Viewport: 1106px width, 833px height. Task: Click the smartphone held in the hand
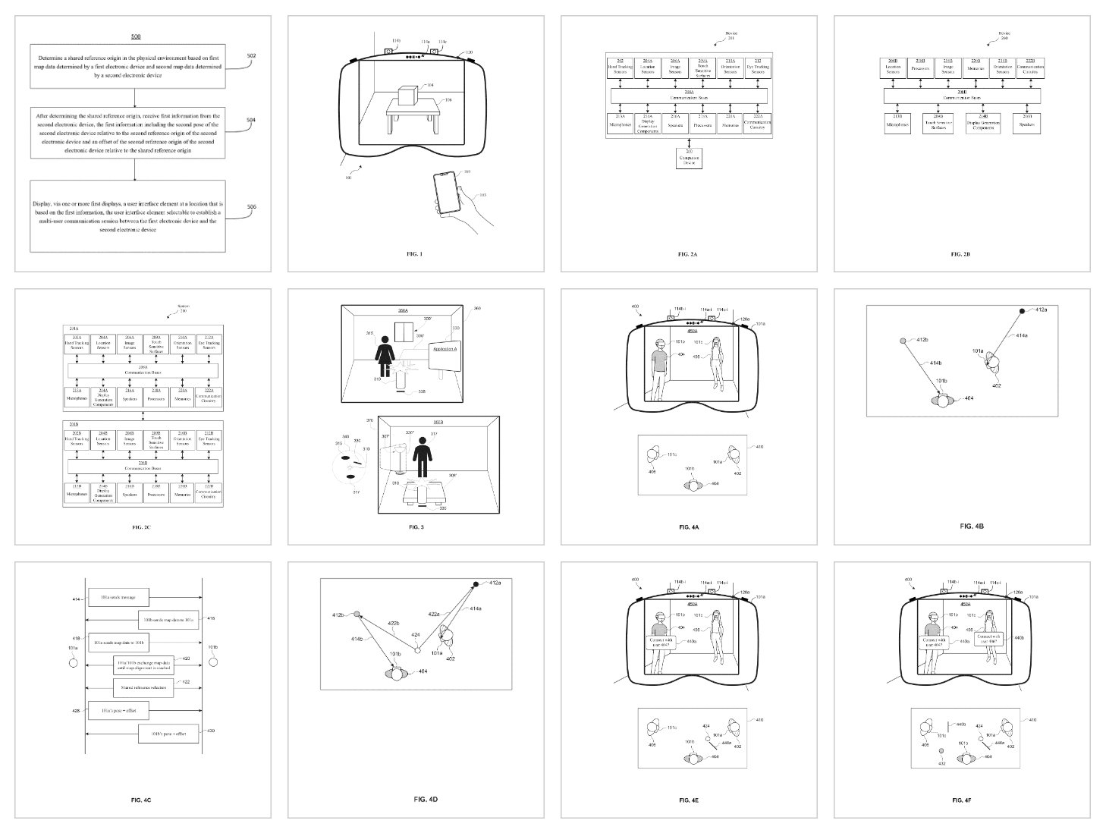(446, 193)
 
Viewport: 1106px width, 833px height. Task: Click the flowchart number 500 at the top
(135, 36)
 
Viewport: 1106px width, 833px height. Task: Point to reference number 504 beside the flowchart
(251, 119)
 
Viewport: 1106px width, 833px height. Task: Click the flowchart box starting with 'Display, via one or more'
(128, 216)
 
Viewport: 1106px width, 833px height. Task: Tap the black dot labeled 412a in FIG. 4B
(1022, 311)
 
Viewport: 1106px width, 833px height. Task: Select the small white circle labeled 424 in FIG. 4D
(416, 649)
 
